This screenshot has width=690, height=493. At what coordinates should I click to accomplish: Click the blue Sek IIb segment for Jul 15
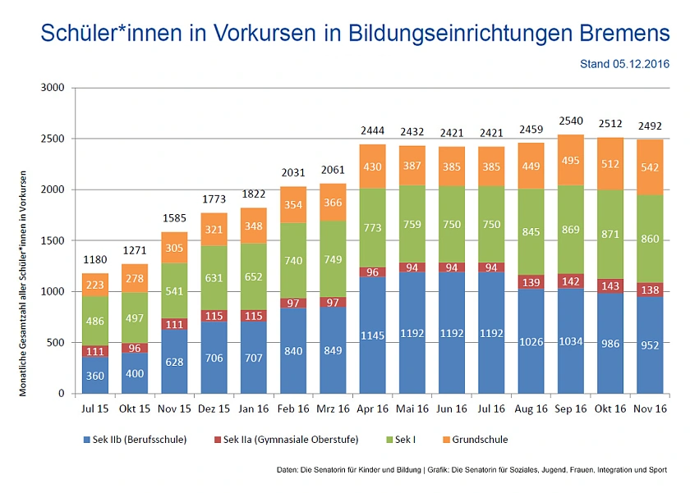coord(96,375)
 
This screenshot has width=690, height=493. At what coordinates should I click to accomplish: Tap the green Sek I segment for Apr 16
coord(372,228)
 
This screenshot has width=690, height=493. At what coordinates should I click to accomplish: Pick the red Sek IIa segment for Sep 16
coord(570,280)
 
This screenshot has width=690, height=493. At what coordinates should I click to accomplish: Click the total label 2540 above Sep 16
coord(570,121)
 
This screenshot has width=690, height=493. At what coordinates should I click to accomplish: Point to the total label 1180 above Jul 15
coord(96,259)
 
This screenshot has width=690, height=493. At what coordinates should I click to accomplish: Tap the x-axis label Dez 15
coord(214,408)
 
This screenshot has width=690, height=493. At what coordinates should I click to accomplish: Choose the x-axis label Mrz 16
coord(333,408)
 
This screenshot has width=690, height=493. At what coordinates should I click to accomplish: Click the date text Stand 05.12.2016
coord(624,63)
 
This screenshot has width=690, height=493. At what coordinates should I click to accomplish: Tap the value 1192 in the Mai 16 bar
coord(412,334)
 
